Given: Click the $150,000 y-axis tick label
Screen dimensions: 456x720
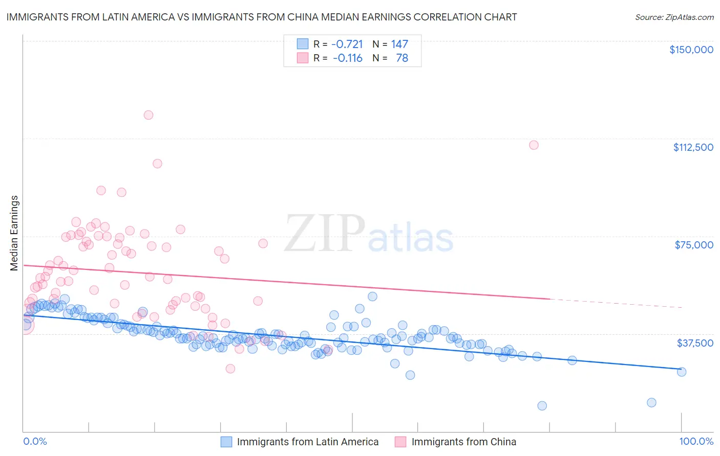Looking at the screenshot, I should [x=691, y=50].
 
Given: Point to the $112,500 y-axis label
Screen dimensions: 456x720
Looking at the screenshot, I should [x=693, y=147].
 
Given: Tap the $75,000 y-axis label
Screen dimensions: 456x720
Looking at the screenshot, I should [x=694, y=245].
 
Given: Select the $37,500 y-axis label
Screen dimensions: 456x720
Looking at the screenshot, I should [x=695, y=343].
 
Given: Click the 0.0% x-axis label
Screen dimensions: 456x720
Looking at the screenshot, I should [x=35, y=441].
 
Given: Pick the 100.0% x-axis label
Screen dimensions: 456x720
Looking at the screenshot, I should [x=696, y=441].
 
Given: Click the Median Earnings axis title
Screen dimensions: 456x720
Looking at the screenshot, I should [x=14, y=233].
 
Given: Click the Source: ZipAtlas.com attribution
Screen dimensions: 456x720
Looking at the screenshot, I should [x=674, y=17].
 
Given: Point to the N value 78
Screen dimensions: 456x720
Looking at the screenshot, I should [x=402, y=58].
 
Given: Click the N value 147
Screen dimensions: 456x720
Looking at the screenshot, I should [x=399, y=44].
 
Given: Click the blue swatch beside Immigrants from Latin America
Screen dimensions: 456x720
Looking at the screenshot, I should [x=226, y=442].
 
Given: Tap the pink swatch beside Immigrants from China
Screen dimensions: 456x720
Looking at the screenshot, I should [x=400, y=442].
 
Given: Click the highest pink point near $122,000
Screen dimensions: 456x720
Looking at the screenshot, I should [x=149, y=115].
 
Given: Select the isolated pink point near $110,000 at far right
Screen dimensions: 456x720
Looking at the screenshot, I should [x=534, y=145].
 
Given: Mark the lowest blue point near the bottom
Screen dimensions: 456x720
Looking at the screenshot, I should [x=542, y=406].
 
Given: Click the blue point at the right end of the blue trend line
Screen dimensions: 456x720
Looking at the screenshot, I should [x=682, y=372].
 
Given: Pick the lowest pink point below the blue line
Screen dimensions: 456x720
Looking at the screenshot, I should [x=230, y=369].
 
